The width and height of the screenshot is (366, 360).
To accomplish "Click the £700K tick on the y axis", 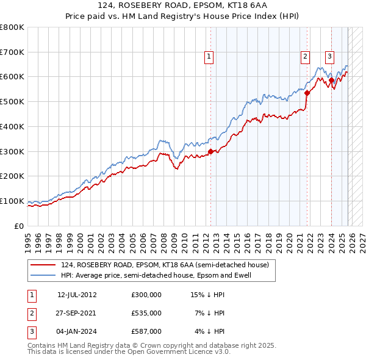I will [x=12, y=52].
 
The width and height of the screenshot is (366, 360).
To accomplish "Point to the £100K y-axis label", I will [x=12, y=201].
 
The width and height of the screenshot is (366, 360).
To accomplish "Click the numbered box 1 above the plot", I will [x=209, y=57].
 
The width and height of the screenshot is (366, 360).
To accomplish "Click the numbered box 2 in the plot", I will [x=304, y=57].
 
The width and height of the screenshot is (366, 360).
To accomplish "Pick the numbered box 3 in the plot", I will [x=329, y=57].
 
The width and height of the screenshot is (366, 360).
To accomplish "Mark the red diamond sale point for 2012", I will [x=210, y=151].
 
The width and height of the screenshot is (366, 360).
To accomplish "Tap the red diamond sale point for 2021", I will [x=307, y=93].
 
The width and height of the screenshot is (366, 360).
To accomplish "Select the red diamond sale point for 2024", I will [x=331, y=80].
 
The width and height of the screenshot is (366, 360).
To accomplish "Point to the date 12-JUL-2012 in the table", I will [x=77, y=295].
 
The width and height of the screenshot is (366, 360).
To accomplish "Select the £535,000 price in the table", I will [x=146, y=313].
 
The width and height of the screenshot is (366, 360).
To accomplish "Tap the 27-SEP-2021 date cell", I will [x=77, y=313].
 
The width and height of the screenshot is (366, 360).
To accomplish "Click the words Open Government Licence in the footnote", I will [x=171, y=352].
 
